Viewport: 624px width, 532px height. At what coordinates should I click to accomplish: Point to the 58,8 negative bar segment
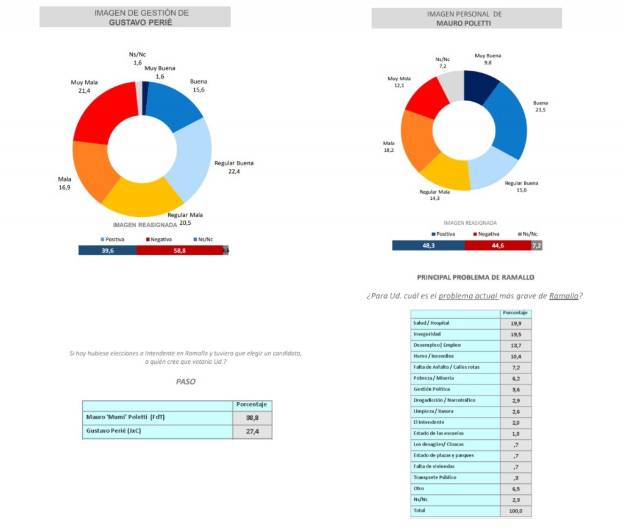point(179,250)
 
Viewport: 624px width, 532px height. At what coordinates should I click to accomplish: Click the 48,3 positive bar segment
point(428,245)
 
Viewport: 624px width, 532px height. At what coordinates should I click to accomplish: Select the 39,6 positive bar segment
point(107,250)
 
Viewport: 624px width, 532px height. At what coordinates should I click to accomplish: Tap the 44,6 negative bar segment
point(497,245)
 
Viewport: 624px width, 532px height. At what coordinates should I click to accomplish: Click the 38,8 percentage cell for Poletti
point(252,417)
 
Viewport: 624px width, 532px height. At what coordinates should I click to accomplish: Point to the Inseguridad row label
point(427,334)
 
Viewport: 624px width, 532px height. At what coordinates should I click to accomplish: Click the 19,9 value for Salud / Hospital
point(516,323)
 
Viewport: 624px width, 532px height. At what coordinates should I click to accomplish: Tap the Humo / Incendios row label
point(433,356)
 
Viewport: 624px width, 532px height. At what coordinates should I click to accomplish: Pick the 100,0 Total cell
point(516,511)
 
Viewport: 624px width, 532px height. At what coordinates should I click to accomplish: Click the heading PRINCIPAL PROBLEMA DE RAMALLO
point(475,277)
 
